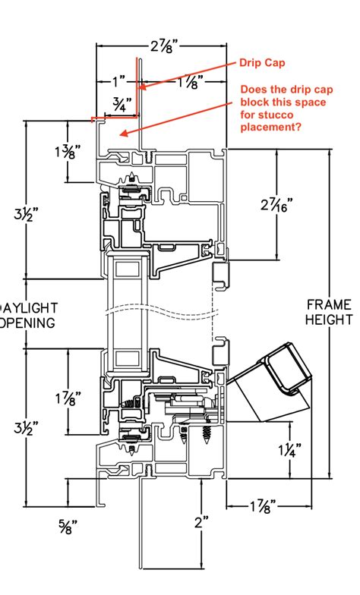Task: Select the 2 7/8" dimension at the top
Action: point(159,47)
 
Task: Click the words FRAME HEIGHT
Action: point(329,312)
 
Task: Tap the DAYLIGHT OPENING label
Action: point(27,316)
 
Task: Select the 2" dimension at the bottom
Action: point(201,522)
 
